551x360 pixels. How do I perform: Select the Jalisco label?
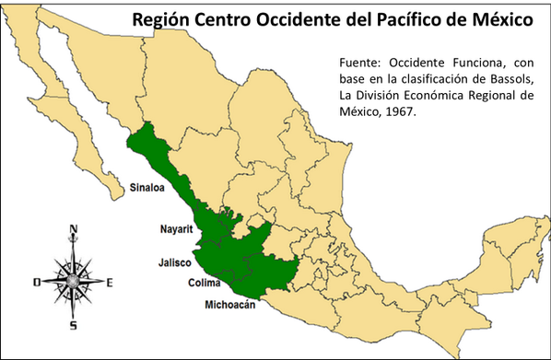[x=173, y=261]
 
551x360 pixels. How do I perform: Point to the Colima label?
[x=204, y=284]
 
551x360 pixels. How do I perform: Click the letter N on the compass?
[x=74, y=230]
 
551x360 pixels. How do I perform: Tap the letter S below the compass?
[x=73, y=325]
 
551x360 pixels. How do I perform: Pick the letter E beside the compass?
[x=110, y=283]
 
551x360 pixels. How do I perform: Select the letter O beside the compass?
[x=36, y=283]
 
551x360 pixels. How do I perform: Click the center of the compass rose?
[x=73, y=278]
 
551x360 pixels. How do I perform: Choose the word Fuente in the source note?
[x=363, y=63]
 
